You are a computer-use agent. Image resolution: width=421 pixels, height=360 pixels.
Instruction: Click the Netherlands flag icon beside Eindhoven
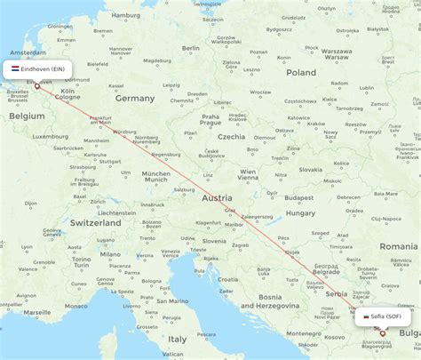[x=15, y=68]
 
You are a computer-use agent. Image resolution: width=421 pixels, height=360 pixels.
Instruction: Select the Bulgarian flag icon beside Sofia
[x=365, y=316]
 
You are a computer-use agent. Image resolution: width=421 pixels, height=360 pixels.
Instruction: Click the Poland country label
[x=300, y=72]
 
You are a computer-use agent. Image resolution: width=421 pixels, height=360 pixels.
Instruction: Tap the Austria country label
[x=217, y=198]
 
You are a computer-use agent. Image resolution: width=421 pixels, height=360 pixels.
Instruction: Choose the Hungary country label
[x=300, y=213]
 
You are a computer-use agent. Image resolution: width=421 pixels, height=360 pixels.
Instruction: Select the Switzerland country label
[x=95, y=223]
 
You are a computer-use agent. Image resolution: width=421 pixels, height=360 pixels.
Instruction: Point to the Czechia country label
[x=231, y=137]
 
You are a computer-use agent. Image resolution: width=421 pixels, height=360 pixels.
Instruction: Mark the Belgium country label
[x=26, y=115]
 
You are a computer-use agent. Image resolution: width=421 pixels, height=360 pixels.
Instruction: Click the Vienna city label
[x=247, y=178]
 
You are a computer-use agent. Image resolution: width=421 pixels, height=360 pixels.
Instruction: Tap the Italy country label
[x=178, y=339]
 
